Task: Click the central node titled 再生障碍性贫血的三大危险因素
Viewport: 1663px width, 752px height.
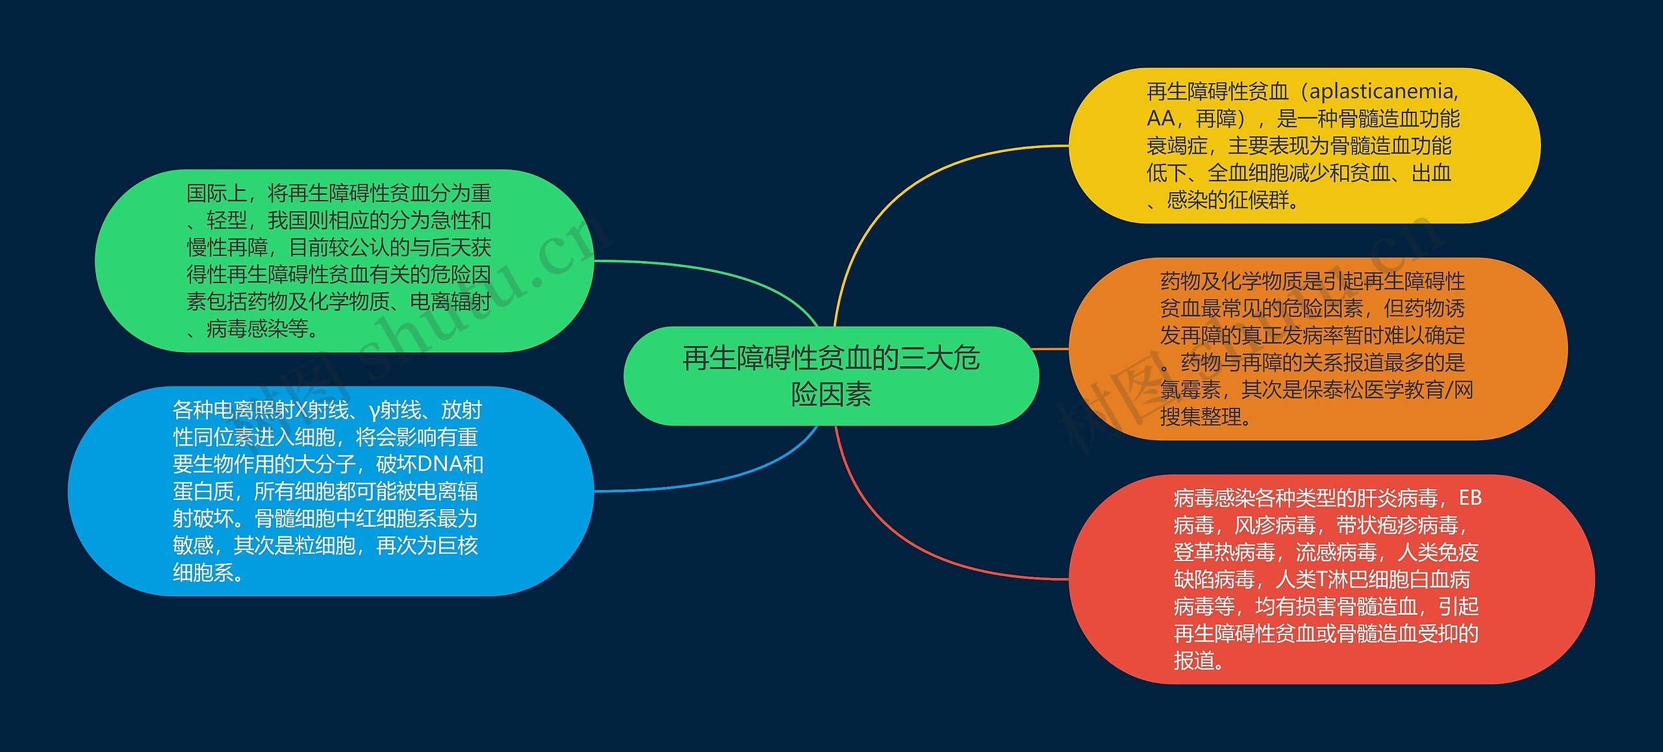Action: [x=831, y=376]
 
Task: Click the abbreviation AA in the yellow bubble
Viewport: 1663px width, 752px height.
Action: [x=1160, y=119]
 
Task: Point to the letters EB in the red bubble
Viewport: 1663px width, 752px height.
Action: [x=1470, y=498]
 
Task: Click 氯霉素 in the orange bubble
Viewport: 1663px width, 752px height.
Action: [x=1191, y=390]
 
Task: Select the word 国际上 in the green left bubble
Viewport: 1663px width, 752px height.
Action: [x=216, y=194]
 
